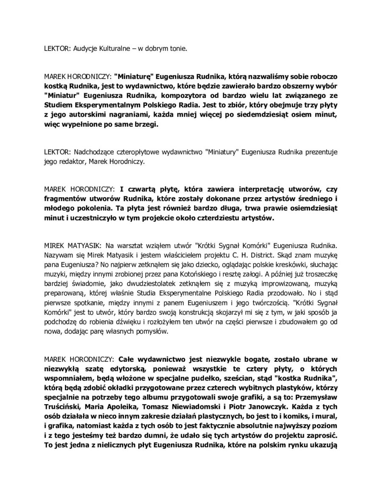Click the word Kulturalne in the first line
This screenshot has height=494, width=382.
coord(97,49)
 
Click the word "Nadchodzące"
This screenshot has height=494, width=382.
coord(94,153)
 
